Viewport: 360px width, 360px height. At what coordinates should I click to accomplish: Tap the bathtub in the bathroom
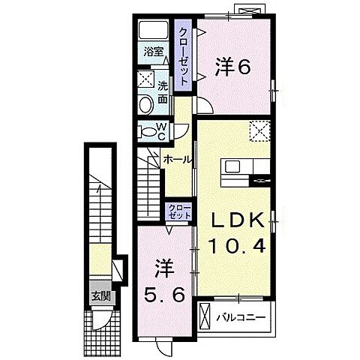click(155, 32)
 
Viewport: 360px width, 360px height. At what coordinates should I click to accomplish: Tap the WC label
click(162, 130)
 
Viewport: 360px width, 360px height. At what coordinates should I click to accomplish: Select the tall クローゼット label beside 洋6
click(182, 56)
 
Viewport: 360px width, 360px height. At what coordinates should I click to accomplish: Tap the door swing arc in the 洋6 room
click(205, 105)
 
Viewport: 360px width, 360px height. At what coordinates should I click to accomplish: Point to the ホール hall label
click(177, 160)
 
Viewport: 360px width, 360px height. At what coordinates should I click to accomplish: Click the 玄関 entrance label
click(100, 295)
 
